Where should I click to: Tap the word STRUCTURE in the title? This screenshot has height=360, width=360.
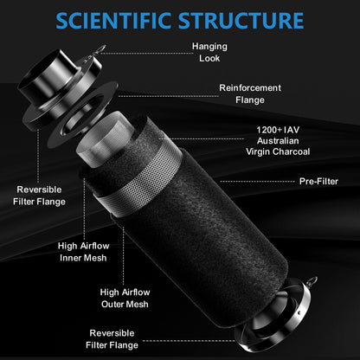pos(241,21)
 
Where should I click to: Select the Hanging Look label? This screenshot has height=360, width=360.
pos(209,52)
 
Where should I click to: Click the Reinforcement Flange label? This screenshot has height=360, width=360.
pos(250,93)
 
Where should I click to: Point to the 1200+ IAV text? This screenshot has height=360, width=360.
pos(278,130)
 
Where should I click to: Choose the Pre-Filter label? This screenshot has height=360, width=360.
pos(318,181)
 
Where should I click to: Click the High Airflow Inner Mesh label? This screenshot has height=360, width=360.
pos(83,252)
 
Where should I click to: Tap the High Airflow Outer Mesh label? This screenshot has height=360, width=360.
pos(125,298)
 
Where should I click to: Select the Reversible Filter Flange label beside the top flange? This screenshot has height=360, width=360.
pos(39,196)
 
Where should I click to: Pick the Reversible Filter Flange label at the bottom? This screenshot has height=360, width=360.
pos(112,339)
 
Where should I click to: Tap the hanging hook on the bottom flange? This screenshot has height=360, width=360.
pos(312,281)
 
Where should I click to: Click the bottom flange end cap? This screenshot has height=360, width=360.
pos(275,318)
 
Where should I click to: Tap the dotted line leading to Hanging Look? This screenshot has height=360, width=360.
pos(145,53)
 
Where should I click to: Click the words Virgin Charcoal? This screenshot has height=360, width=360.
pos(278,151)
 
